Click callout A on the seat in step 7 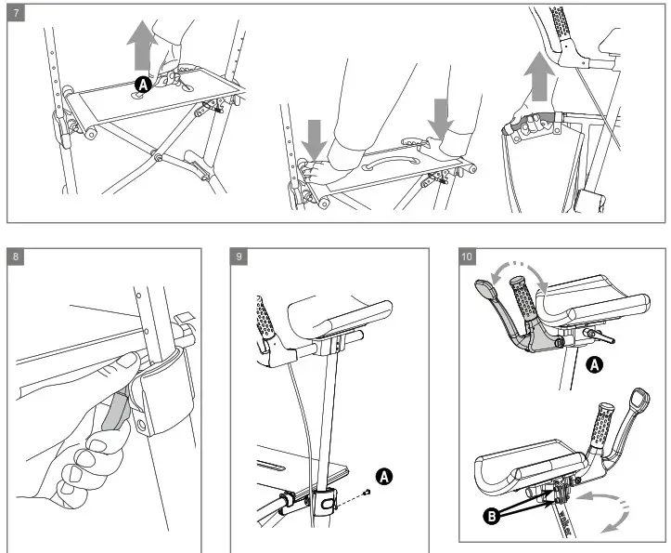coord(142,85)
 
